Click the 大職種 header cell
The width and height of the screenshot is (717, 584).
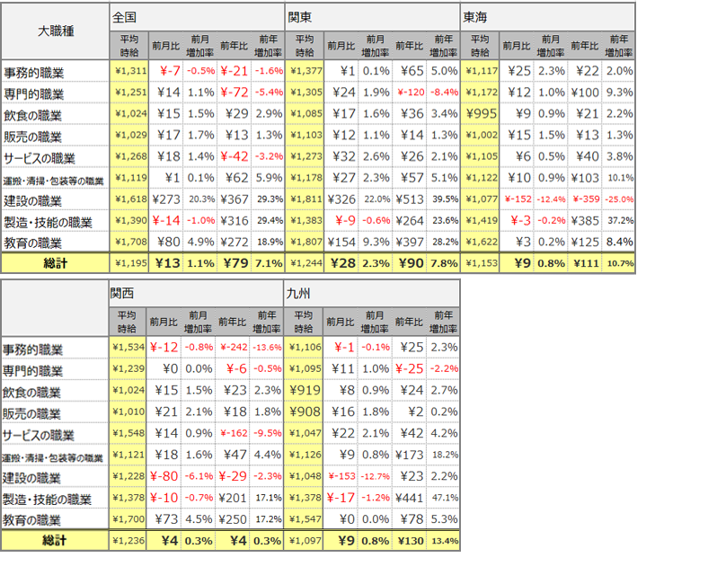click(56, 31)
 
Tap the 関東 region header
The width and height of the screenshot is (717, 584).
click(299, 17)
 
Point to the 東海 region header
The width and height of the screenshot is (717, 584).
click(475, 17)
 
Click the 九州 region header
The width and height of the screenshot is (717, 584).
click(299, 294)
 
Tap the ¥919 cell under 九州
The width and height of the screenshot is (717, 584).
click(305, 391)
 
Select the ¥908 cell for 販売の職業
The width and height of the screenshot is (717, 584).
click(305, 412)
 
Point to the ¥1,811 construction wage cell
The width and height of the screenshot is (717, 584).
click(305, 200)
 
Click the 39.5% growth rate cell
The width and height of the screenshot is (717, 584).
click(444, 200)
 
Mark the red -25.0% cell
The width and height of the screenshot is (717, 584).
click(619, 200)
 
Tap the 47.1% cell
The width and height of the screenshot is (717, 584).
click(444, 499)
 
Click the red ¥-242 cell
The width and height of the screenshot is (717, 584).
click(233, 348)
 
